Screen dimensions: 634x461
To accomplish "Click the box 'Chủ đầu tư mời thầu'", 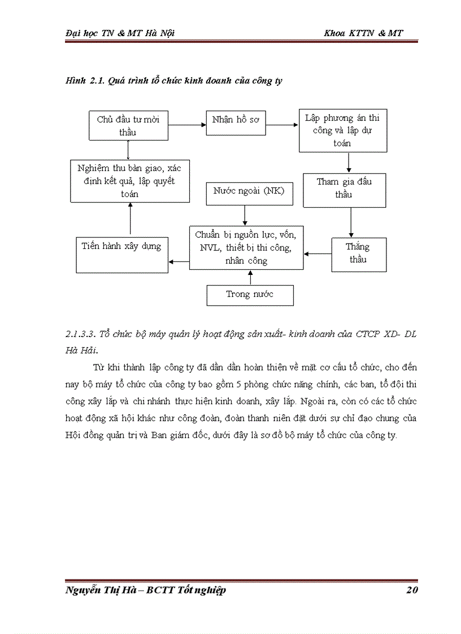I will (128, 126).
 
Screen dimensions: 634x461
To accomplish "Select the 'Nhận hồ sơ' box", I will (236, 121).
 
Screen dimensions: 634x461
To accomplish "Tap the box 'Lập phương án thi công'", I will (342, 130).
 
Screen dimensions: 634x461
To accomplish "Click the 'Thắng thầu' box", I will (358, 254).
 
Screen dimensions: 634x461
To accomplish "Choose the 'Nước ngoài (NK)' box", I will (245, 193).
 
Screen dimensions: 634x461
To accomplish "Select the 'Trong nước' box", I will (250, 295).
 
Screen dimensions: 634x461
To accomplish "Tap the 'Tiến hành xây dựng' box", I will (121, 255).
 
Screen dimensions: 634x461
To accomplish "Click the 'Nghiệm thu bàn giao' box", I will (129, 181).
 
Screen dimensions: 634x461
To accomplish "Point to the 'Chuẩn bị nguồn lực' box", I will (246, 248).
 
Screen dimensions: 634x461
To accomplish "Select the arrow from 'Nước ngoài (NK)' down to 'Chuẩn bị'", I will (245, 215).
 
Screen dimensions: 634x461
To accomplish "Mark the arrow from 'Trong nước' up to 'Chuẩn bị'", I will (250, 277).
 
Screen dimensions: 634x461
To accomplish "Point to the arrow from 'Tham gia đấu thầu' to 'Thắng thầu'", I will (351, 222).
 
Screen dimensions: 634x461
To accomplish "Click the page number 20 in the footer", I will (411, 591).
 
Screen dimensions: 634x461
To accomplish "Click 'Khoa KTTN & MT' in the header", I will (363, 33).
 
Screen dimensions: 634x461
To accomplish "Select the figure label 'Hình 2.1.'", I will (83, 81).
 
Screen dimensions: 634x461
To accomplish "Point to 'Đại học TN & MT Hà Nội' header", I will (120, 33).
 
